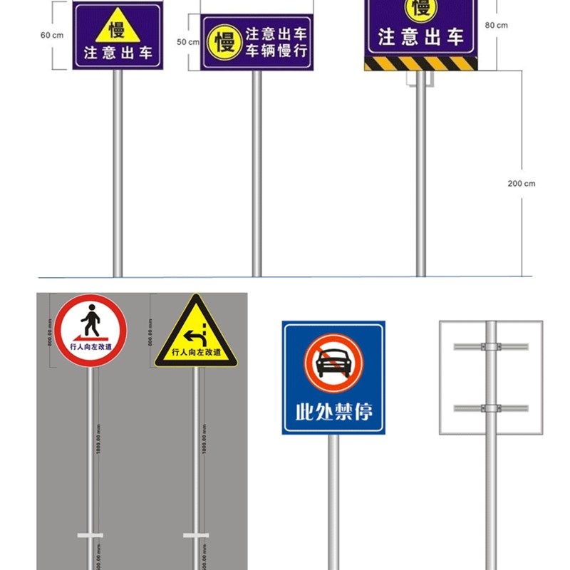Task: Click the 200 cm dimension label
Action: tap(521, 183)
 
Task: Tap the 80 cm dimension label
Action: tap(496, 25)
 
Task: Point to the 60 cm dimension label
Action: tap(52, 35)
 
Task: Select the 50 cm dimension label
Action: tap(188, 42)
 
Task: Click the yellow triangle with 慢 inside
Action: tap(116, 27)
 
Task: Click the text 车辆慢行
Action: tap(276, 51)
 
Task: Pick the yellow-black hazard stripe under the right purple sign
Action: tap(420, 63)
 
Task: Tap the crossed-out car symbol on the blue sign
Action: tap(333, 363)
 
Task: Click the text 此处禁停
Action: tap(333, 411)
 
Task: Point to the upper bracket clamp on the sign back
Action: tap(490, 347)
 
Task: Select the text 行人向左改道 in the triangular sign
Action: tap(196, 352)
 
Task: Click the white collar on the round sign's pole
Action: tap(90, 535)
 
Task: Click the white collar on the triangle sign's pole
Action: tap(195, 535)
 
